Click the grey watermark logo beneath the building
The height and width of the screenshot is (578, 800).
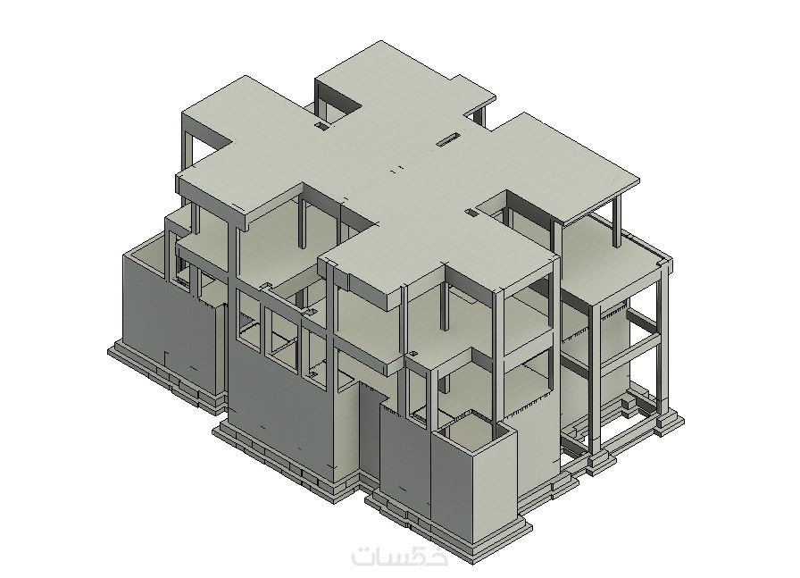click(x=399, y=556)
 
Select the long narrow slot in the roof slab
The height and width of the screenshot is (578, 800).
click(x=448, y=138)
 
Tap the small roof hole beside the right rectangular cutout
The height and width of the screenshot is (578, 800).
click(x=471, y=211)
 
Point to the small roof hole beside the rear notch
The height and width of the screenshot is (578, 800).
click(x=321, y=125)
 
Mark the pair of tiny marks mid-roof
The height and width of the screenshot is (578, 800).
click(x=396, y=168)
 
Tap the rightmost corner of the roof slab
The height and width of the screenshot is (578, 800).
click(x=639, y=180)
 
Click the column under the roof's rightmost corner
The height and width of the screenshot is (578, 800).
click(x=617, y=222)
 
